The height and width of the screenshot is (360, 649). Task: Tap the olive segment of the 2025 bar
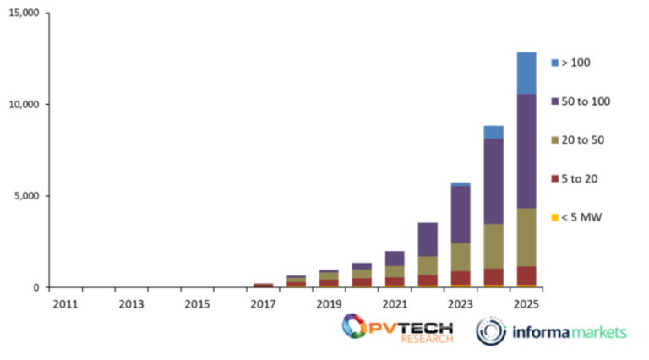tap(526, 237)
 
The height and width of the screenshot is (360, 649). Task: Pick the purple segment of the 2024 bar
tap(494, 181)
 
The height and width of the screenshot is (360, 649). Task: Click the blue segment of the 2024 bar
tap(494, 132)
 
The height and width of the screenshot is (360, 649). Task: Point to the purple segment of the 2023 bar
tap(461, 214)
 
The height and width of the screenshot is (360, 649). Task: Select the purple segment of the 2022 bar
tap(428, 239)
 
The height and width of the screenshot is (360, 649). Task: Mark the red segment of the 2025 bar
tap(526, 275)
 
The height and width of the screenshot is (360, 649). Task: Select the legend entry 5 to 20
tap(579, 178)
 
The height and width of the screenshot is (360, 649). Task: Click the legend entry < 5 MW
tap(580, 217)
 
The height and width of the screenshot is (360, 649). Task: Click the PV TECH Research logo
tap(397, 329)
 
